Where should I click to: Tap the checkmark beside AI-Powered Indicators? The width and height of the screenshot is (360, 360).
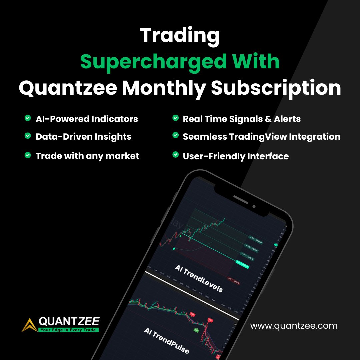click(x=28, y=118)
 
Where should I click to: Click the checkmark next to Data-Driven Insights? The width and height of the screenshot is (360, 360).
click(x=28, y=136)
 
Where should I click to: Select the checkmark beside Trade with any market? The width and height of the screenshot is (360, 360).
click(x=28, y=155)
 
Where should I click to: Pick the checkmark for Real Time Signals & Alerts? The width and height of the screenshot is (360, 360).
click(x=175, y=118)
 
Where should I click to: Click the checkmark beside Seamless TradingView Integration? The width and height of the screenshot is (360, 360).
click(x=175, y=136)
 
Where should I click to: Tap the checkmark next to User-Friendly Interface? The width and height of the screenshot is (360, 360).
click(x=175, y=155)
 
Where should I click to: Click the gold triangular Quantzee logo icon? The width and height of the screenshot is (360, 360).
click(x=29, y=325)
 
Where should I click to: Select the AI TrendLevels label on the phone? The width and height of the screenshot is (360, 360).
click(x=199, y=278)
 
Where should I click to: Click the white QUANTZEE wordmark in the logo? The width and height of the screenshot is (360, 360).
click(x=69, y=321)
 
